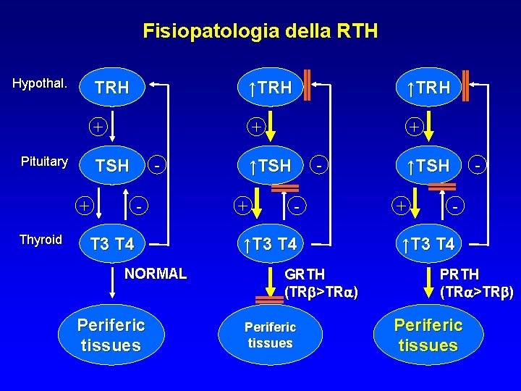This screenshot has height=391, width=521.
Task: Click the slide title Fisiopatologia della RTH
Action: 260,31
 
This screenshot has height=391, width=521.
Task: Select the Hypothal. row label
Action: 40,83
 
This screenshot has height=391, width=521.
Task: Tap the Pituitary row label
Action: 43,161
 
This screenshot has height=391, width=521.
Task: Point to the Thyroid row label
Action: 41,240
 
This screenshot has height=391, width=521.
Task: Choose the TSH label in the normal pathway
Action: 112,167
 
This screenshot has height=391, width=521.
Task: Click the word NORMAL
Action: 156,274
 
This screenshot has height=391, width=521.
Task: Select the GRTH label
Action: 305,274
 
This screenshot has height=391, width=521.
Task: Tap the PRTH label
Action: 459,274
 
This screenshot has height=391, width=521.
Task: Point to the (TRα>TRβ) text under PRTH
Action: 476,293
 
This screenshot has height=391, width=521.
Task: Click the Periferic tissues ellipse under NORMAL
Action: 111,335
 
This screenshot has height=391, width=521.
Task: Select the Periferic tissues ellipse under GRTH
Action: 270,335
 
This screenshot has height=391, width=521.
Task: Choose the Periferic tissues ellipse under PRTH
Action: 428,335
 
